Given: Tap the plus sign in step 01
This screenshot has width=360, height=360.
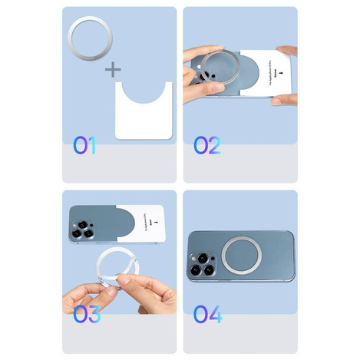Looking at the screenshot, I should tap(114, 71).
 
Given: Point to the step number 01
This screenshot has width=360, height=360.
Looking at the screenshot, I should tap(84, 144).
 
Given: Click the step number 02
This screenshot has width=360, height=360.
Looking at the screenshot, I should tap(206, 144).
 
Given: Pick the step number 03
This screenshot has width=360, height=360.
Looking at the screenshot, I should tap(87, 314).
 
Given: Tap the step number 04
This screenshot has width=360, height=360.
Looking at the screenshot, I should tap(207, 314).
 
